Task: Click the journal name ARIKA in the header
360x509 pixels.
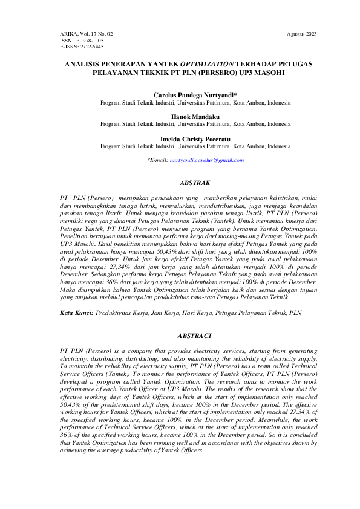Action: point(68,34)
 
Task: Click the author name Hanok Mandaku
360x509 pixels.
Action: point(195,117)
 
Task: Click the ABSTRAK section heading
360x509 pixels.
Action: point(195,182)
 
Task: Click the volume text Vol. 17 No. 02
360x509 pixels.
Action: point(96,34)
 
